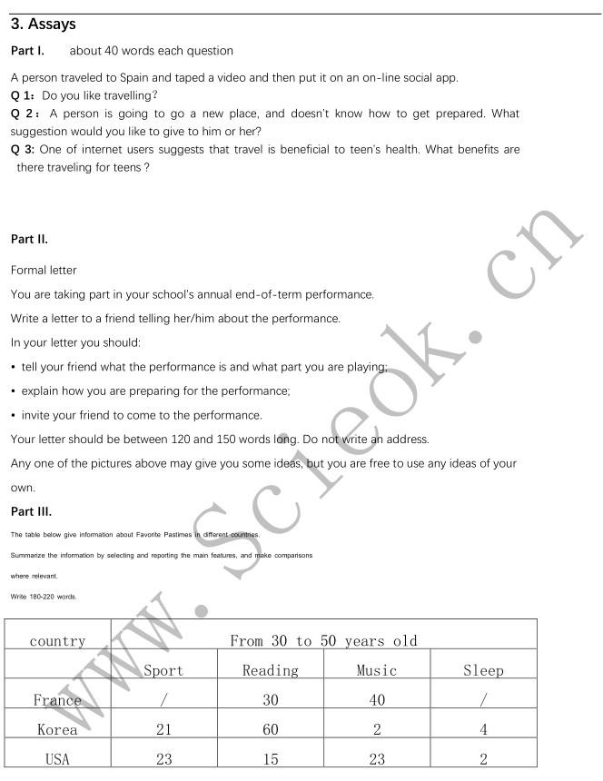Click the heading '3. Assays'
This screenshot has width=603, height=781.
coord(44,25)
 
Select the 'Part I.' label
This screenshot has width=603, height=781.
coord(27,51)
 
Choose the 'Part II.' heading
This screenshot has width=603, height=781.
coord(29,240)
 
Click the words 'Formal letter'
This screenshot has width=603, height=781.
coord(44,271)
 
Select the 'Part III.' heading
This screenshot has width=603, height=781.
coord(31,511)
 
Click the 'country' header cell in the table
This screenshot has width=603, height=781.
coord(57,641)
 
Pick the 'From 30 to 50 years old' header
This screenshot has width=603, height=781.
coord(323,641)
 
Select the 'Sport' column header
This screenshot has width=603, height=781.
coord(163,671)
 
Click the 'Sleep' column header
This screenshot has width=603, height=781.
coord(483,671)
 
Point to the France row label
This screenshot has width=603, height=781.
coord(57,700)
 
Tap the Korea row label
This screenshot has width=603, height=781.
coord(57,730)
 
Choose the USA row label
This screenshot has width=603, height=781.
coord(57,759)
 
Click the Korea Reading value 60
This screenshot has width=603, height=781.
coord(270,730)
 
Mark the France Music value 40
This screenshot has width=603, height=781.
coord(377,700)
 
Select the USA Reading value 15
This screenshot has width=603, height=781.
coord(270,759)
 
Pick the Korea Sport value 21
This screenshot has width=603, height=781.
coord(163,730)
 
